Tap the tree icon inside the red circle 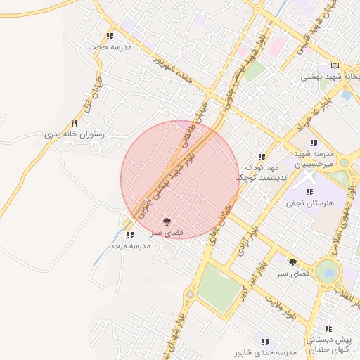[167, 221]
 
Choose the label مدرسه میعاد [127, 245]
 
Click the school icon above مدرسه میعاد [129, 235]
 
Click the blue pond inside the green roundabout [327, 272]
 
